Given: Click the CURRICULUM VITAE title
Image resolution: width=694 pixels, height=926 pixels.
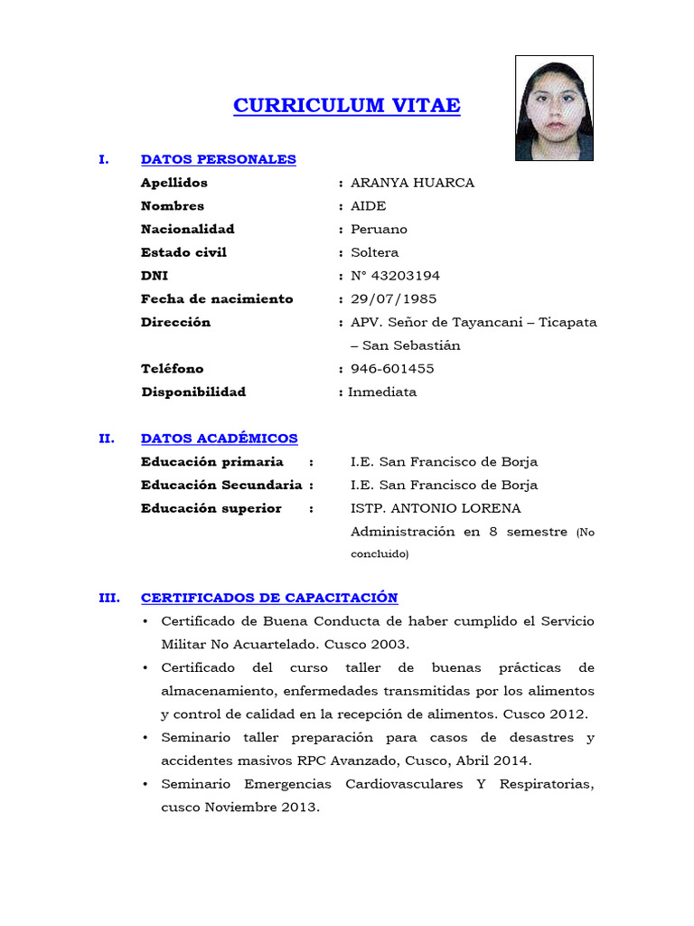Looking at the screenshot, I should tap(346, 106).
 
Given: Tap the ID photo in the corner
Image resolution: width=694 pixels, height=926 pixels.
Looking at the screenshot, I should tap(554, 109).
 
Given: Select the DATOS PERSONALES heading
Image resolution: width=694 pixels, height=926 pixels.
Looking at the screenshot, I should tap(218, 159).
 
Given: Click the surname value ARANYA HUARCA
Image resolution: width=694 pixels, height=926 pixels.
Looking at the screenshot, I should tap(412, 183).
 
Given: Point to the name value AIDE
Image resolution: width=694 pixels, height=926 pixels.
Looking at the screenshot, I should tap(368, 206).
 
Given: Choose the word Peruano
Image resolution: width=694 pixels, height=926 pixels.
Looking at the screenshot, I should tap(379, 230).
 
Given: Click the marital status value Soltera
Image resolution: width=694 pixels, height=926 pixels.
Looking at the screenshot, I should tap(374, 252).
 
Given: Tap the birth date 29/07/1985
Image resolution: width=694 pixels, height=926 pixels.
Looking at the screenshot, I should tap(394, 299).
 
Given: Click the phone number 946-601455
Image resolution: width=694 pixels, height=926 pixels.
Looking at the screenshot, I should tap(392, 369).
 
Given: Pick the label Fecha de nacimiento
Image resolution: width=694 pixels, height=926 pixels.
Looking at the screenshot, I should tap(217, 299).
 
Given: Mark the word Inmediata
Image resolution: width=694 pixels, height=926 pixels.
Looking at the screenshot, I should tap(383, 392).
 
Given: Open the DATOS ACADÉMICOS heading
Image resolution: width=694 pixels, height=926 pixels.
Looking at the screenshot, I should tap(219, 439).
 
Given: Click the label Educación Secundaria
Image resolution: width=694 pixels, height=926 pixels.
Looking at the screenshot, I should tap(221, 485).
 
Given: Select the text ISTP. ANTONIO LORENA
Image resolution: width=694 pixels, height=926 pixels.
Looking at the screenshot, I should tap(436, 508).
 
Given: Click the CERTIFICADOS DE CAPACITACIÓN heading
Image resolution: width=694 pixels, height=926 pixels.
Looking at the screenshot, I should tap(269, 598).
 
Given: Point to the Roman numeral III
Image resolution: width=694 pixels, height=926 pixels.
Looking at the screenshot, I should tap(108, 598).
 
